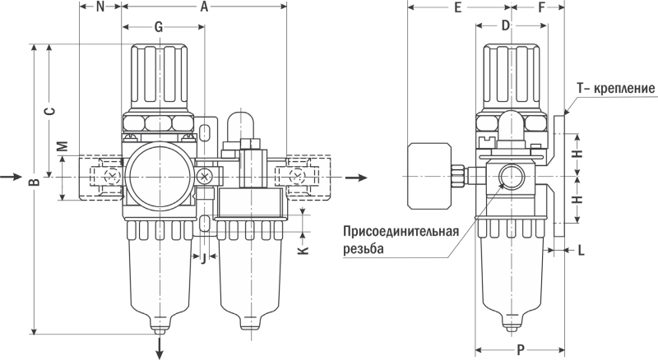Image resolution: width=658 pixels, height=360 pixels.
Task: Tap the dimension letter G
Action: [159, 27]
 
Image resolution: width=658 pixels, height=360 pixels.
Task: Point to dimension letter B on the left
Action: [33, 182]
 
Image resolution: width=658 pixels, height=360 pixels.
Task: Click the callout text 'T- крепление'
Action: [616, 88]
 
